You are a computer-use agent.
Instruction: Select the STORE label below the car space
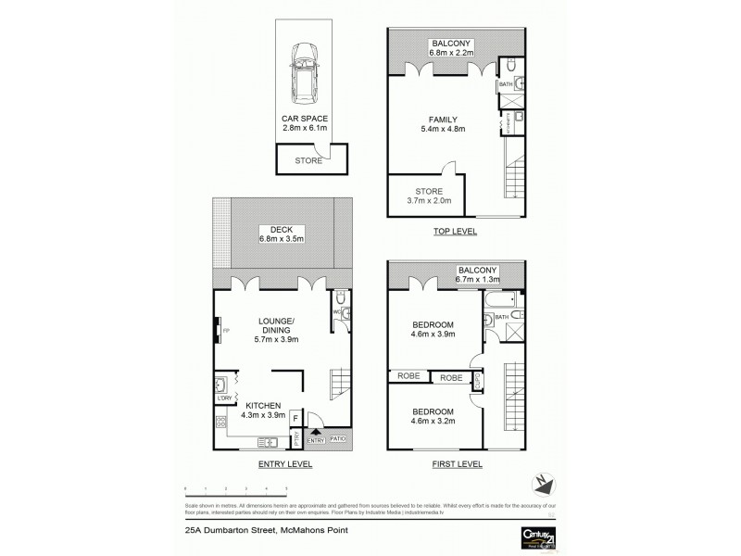click(308, 160)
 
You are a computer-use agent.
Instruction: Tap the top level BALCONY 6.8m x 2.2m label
click(451, 48)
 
